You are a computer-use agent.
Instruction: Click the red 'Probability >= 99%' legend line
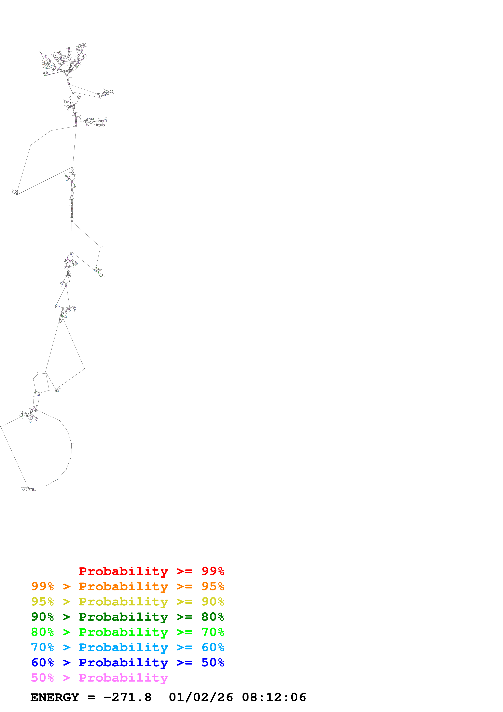[x=151, y=571]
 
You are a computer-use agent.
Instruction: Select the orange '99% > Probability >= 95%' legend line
[x=127, y=586]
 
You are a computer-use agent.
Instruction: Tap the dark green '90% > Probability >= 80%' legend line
[x=127, y=617]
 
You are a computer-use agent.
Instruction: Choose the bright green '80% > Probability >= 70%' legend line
[x=127, y=632]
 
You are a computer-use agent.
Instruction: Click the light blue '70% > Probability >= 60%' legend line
[x=127, y=647]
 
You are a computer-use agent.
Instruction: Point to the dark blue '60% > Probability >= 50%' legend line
[x=127, y=662]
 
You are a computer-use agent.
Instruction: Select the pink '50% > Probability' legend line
[x=99, y=677]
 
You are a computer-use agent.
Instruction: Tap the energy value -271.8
[x=127, y=697]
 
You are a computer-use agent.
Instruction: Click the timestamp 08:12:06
[x=274, y=697]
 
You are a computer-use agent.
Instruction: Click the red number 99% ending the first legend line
[x=213, y=571]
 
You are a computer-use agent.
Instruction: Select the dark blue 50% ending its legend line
[x=213, y=662]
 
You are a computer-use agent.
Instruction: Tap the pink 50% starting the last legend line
[x=42, y=677]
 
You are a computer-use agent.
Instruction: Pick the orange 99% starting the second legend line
[x=42, y=586]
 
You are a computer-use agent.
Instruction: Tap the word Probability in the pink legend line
[x=123, y=677]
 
